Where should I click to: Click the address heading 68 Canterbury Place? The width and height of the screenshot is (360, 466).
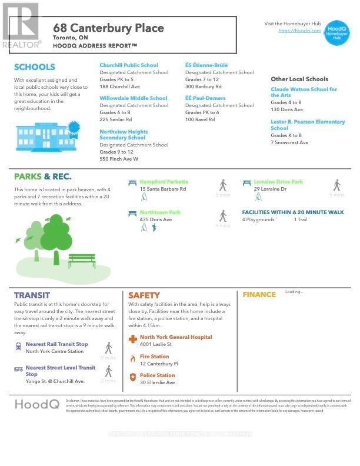[109, 28]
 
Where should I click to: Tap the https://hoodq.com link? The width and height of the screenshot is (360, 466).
[299, 31]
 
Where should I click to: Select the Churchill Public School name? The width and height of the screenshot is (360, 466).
[129, 65]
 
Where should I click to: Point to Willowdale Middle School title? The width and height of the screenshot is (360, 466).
[134, 98]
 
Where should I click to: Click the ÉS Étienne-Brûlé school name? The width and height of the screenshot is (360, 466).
[206, 65]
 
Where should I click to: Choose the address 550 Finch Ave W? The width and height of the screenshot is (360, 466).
[119, 159]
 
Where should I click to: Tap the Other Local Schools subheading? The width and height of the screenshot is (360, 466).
[299, 79]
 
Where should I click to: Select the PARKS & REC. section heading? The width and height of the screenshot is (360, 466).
[43, 177]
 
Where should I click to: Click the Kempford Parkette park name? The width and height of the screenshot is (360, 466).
[164, 182]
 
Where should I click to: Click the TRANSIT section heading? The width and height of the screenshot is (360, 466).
[32, 295]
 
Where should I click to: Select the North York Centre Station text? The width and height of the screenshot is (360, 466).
[55, 351]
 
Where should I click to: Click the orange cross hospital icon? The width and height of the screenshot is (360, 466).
[134, 339]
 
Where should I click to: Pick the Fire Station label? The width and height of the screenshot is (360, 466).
[154, 357]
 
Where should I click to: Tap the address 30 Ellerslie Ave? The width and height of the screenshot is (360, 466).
[157, 382]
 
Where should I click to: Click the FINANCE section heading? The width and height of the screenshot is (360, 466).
[259, 295]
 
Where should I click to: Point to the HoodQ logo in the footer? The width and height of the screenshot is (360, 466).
[36, 404]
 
